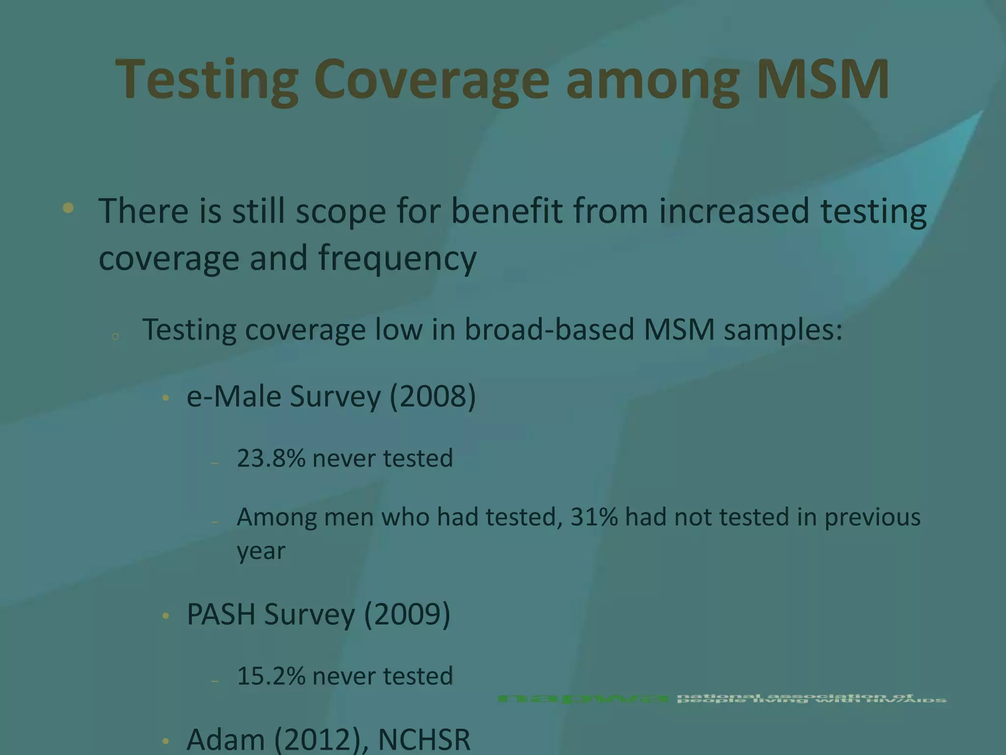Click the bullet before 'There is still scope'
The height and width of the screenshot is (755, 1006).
pos(68,208)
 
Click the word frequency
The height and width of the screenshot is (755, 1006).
pos(397,259)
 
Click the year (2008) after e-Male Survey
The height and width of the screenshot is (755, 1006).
pos(432,396)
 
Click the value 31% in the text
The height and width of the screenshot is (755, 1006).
pos(594,517)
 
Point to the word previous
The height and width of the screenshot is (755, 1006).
pos(872,517)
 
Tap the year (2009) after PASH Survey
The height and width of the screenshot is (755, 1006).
pos(407,614)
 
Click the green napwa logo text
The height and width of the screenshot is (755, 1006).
pos(582,698)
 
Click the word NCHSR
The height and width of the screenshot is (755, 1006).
pos(424,739)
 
